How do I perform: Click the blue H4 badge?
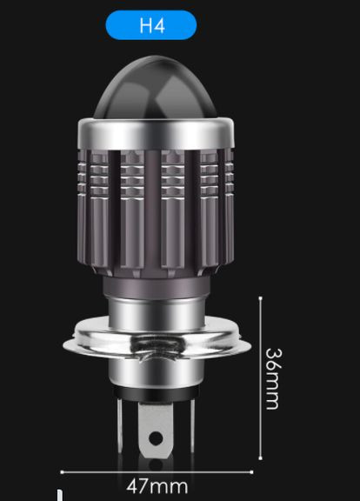point(163,25)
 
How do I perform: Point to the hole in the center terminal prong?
point(157,449)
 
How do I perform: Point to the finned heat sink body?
point(163,209)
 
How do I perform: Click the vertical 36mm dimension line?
point(260,383)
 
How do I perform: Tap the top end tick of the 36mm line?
point(260,297)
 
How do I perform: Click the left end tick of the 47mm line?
point(60,473)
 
